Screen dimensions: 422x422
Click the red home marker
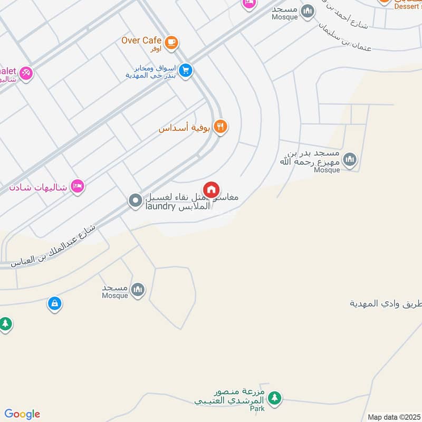[x=212, y=189]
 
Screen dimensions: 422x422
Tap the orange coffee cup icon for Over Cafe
[x=171, y=43]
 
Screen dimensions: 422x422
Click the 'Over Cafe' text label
[x=141, y=41]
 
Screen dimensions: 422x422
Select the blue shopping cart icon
[x=185, y=70]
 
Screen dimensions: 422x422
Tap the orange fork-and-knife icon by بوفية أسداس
[x=221, y=127]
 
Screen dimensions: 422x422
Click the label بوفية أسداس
[x=185, y=128]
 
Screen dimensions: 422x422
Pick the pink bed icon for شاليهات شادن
[x=78, y=186]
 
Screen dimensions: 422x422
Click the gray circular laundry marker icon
[x=136, y=200]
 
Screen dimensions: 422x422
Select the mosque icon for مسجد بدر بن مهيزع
[x=349, y=159]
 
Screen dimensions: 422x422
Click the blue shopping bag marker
[x=54, y=303]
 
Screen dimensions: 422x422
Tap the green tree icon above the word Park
[x=274, y=398]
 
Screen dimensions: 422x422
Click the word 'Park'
[x=257, y=408]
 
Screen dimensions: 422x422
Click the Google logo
[x=22, y=414]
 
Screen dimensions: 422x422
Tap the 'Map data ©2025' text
[x=393, y=417]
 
